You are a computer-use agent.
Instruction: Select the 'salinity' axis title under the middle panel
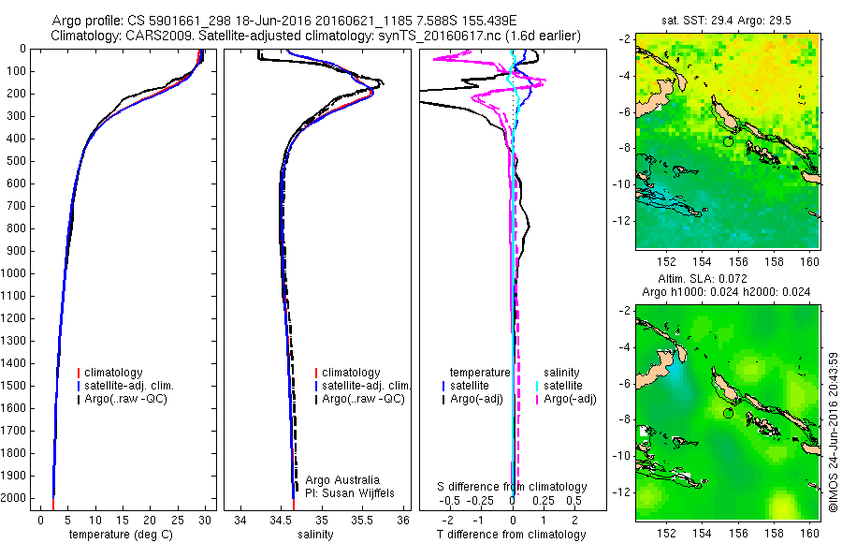(316, 534)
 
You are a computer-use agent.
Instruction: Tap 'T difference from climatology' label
(512, 535)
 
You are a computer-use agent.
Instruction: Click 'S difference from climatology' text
(513, 487)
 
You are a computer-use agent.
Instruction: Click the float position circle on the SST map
(728, 141)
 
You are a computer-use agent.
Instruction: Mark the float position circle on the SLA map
(728, 413)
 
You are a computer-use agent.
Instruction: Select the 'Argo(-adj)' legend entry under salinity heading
(571, 399)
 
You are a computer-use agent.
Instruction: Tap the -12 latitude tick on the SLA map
(622, 492)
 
